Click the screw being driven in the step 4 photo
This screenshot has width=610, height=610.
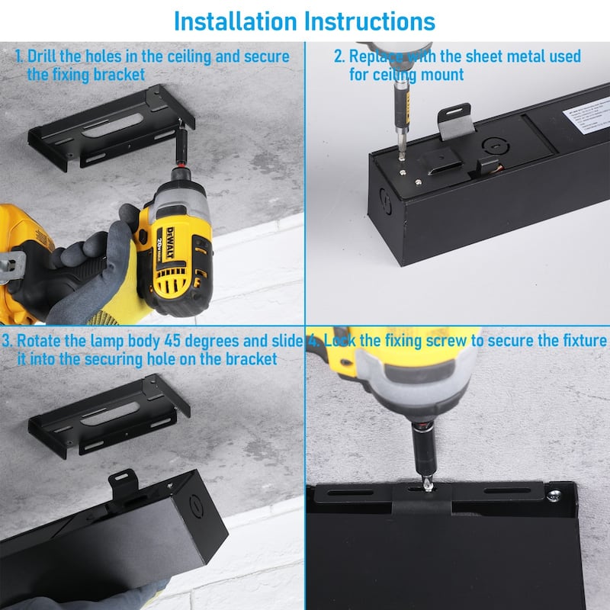tap(428, 486)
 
